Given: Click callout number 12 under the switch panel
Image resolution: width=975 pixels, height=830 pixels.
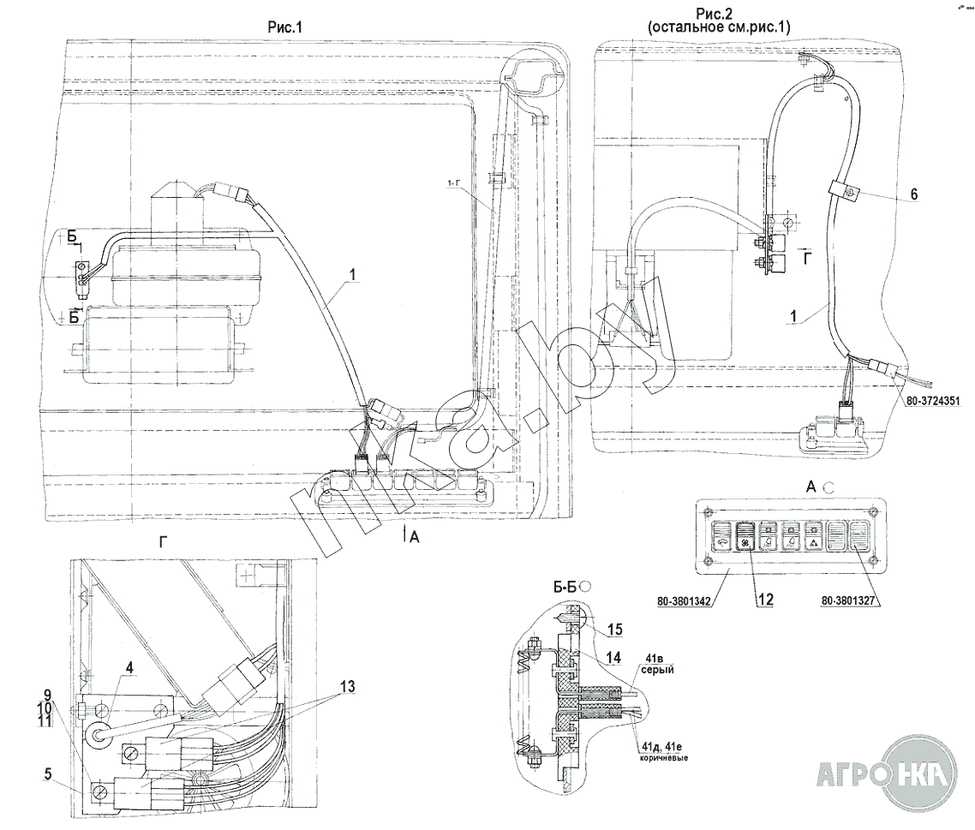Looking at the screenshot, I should coord(764,600).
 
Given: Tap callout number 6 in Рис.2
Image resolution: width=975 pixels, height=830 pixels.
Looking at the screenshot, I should coord(914,195).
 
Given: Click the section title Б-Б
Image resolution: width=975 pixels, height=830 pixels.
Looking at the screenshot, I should coord(564,588).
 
